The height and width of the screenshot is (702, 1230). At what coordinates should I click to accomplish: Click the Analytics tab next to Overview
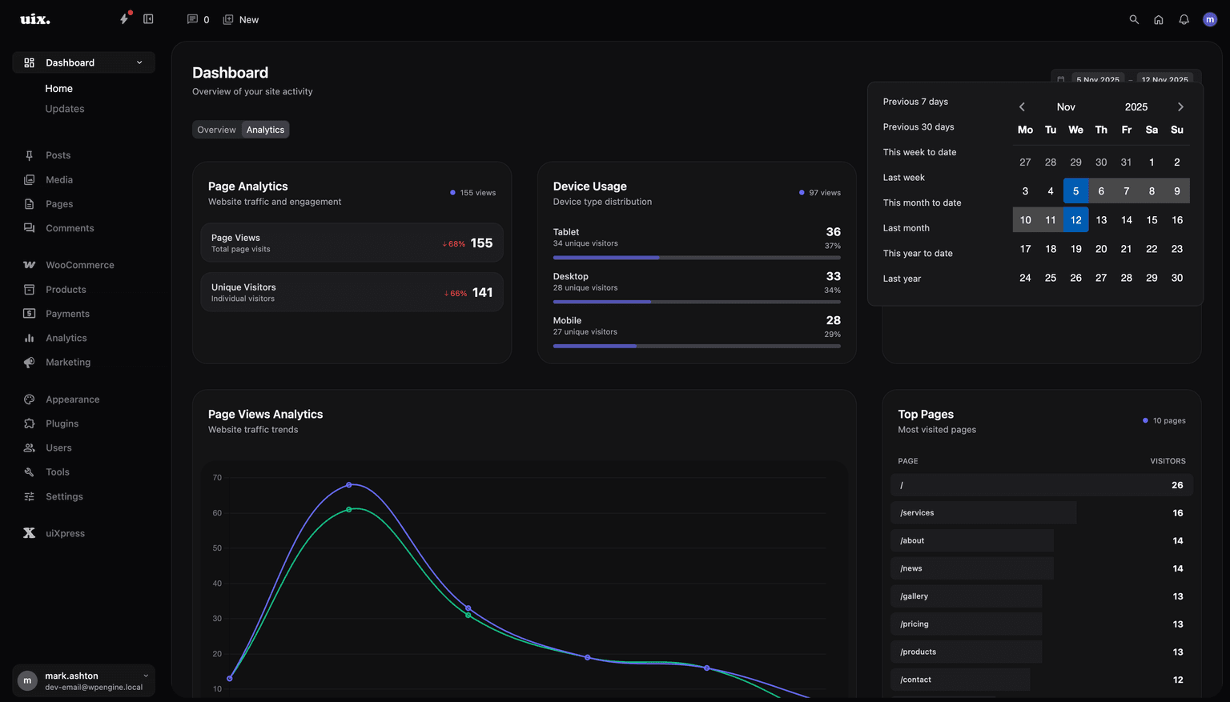click(265, 130)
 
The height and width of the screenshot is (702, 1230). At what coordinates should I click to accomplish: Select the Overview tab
click(216, 130)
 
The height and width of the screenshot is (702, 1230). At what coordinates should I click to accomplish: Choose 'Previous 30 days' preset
click(918, 126)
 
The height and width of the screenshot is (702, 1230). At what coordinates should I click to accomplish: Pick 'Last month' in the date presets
click(906, 228)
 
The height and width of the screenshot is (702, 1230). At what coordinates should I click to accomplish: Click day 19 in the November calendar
click(1075, 249)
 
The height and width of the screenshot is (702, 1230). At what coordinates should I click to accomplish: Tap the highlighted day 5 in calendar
click(1075, 191)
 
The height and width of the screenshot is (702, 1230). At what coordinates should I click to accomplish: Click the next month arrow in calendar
click(1180, 107)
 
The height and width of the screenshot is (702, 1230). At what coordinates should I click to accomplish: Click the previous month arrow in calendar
click(1022, 107)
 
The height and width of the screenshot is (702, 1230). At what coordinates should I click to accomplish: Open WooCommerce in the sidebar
click(79, 265)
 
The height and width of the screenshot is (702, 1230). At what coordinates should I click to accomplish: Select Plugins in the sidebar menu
click(62, 423)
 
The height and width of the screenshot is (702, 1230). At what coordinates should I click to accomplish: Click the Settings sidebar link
click(64, 496)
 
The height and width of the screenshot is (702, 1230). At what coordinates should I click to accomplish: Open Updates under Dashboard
click(65, 109)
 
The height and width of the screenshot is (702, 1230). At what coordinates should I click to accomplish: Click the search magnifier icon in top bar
click(1134, 19)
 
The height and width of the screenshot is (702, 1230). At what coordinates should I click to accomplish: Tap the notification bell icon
click(1184, 19)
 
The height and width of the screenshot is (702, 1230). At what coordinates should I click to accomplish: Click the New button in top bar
click(241, 19)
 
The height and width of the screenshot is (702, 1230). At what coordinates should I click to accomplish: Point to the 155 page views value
click(481, 243)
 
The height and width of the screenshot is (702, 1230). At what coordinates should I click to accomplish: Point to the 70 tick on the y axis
click(217, 478)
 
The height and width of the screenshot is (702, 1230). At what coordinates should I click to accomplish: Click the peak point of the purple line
click(349, 485)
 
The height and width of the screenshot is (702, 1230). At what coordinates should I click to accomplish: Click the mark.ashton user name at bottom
click(71, 676)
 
